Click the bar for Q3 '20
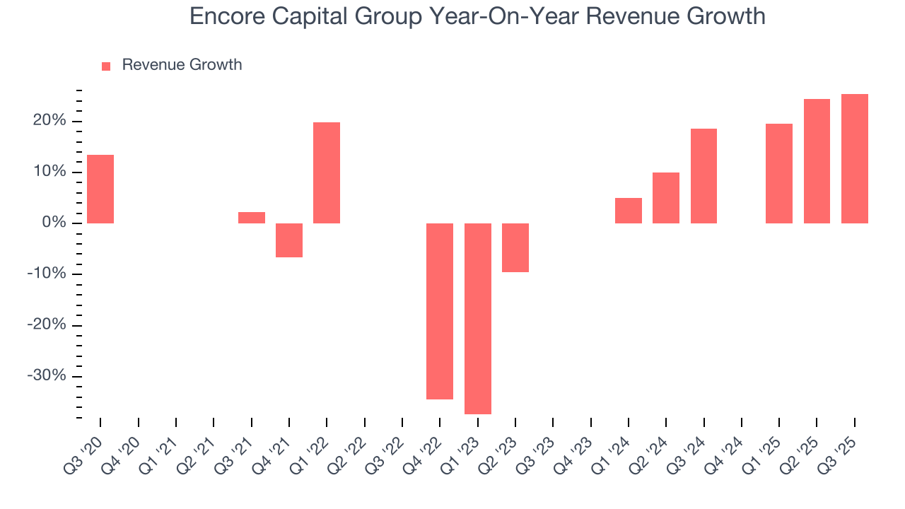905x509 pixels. (x=100, y=189)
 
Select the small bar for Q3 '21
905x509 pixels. (x=252, y=218)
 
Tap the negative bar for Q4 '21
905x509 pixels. (x=289, y=240)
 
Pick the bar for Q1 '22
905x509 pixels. (x=327, y=172)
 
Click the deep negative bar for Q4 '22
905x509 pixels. (x=440, y=311)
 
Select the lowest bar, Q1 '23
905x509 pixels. (x=478, y=318)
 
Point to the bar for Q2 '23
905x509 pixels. (x=515, y=247)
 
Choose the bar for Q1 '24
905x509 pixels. (x=629, y=211)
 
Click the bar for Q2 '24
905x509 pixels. (x=666, y=198)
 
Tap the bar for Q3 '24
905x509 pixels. (x=703, y=176)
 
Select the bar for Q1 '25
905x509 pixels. (x=779, y=173)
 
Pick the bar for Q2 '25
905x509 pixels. (x=817, y=161)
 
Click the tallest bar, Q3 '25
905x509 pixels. (x=855, y=159)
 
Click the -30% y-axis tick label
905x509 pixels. (x=46, y=375)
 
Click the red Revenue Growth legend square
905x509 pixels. (x=106, y=66)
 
